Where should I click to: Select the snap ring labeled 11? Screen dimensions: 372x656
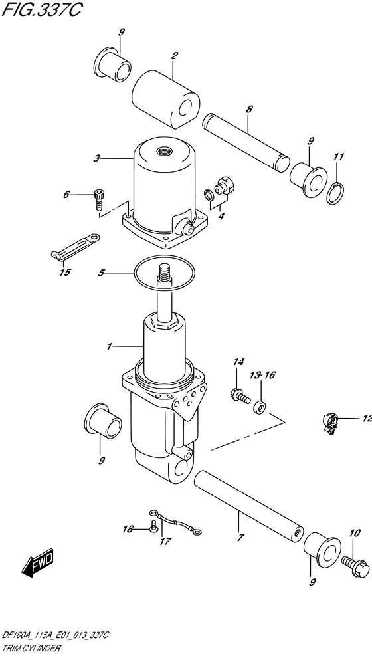coord(337,193)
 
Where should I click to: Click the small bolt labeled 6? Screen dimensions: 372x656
coord(99,200)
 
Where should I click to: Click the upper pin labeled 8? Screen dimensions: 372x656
coord(246,140)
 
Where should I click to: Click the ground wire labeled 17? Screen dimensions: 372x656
coord(175,522)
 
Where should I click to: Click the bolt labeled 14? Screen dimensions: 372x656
coord(240,395)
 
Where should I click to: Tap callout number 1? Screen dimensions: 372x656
coord(110,346)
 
